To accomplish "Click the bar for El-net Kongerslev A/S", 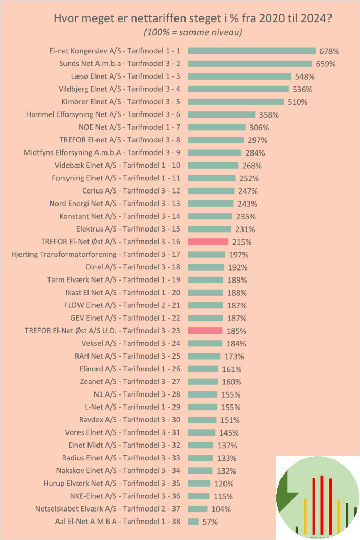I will (x=251, y=51).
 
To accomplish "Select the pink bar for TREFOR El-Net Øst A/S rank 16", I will (x=208, y=242).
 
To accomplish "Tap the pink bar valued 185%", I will (x=205, y=331).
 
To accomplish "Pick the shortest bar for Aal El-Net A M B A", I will (x=193, y=522).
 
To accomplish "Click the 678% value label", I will (x=329, y=51).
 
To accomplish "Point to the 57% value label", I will (x=210, y=522).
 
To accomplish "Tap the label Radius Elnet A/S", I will (x=121, y=458).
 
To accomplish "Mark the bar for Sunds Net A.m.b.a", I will (x=250, y=64).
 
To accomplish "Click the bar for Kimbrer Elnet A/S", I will (x=236, y=102).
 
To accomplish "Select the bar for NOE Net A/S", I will (x=217, y=127).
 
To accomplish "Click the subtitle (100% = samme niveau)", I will (x=193, y=33).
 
